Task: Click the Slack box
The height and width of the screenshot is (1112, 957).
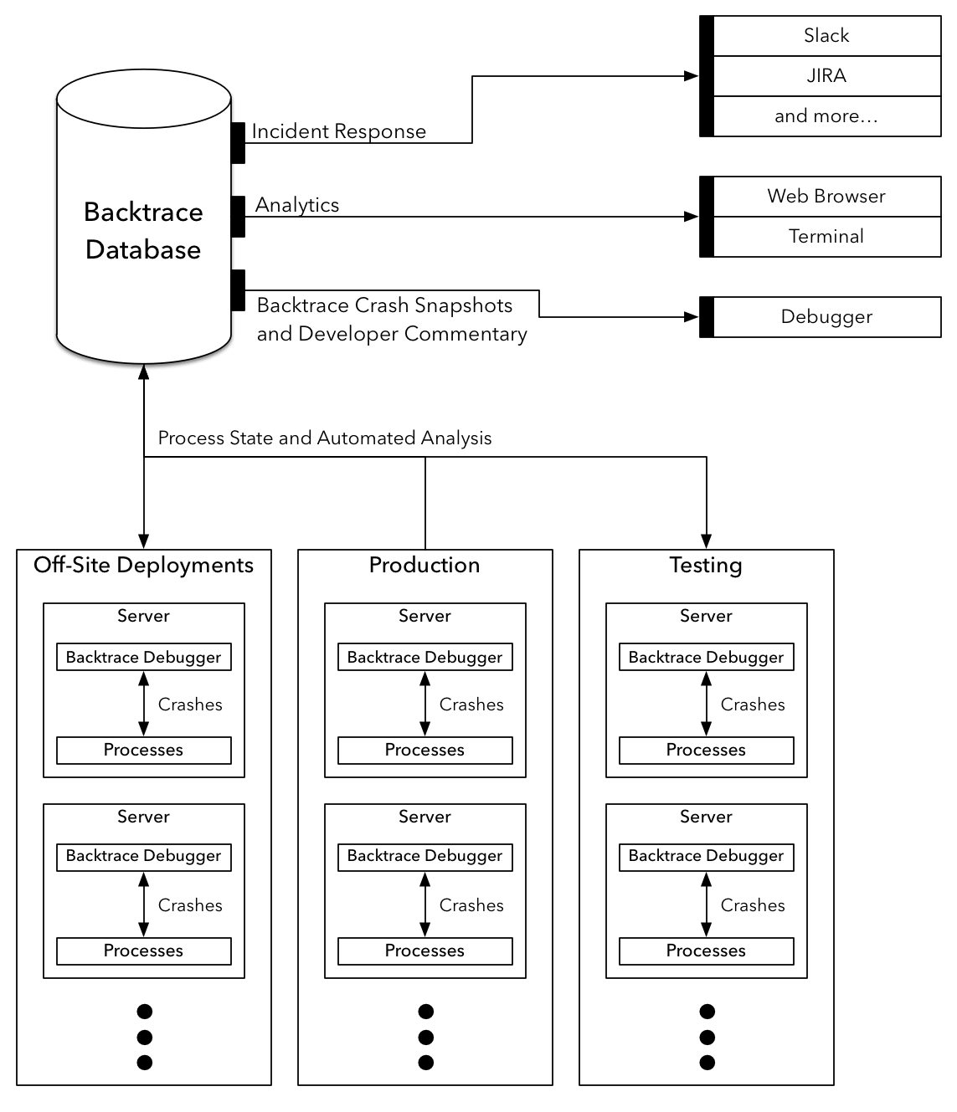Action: point(826,36)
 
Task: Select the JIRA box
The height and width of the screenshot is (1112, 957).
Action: point(826,76)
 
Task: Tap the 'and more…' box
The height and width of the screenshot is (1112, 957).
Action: point(826,116)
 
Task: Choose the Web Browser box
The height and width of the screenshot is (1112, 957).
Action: point(826,197)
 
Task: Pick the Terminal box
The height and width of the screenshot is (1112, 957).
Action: point(826,237)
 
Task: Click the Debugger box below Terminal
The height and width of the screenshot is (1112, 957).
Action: point(826,317)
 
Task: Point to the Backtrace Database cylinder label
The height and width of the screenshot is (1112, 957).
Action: point(143,231)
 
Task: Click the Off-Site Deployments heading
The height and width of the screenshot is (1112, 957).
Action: point(143,566)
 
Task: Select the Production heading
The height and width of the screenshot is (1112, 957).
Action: point(424,566)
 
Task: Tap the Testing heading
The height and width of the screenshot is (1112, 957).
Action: point(706,566)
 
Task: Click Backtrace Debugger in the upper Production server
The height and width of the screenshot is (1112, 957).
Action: point(424,658)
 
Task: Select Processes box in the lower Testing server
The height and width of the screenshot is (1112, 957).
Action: point(706,951)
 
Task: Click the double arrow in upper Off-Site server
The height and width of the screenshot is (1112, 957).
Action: point(143,704)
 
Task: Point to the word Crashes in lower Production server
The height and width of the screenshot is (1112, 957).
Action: point(471,906)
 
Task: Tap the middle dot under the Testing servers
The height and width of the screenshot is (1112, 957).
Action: point(707,1038)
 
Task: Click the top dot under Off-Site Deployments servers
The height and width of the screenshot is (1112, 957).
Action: point(144,1012)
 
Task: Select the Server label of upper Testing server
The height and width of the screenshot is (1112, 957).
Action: point(706,617)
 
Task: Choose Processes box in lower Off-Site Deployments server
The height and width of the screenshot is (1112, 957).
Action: point(143,951)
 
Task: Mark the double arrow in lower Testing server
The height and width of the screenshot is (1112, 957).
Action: point(706,904)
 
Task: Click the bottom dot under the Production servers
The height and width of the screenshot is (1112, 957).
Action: point(425,1063)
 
